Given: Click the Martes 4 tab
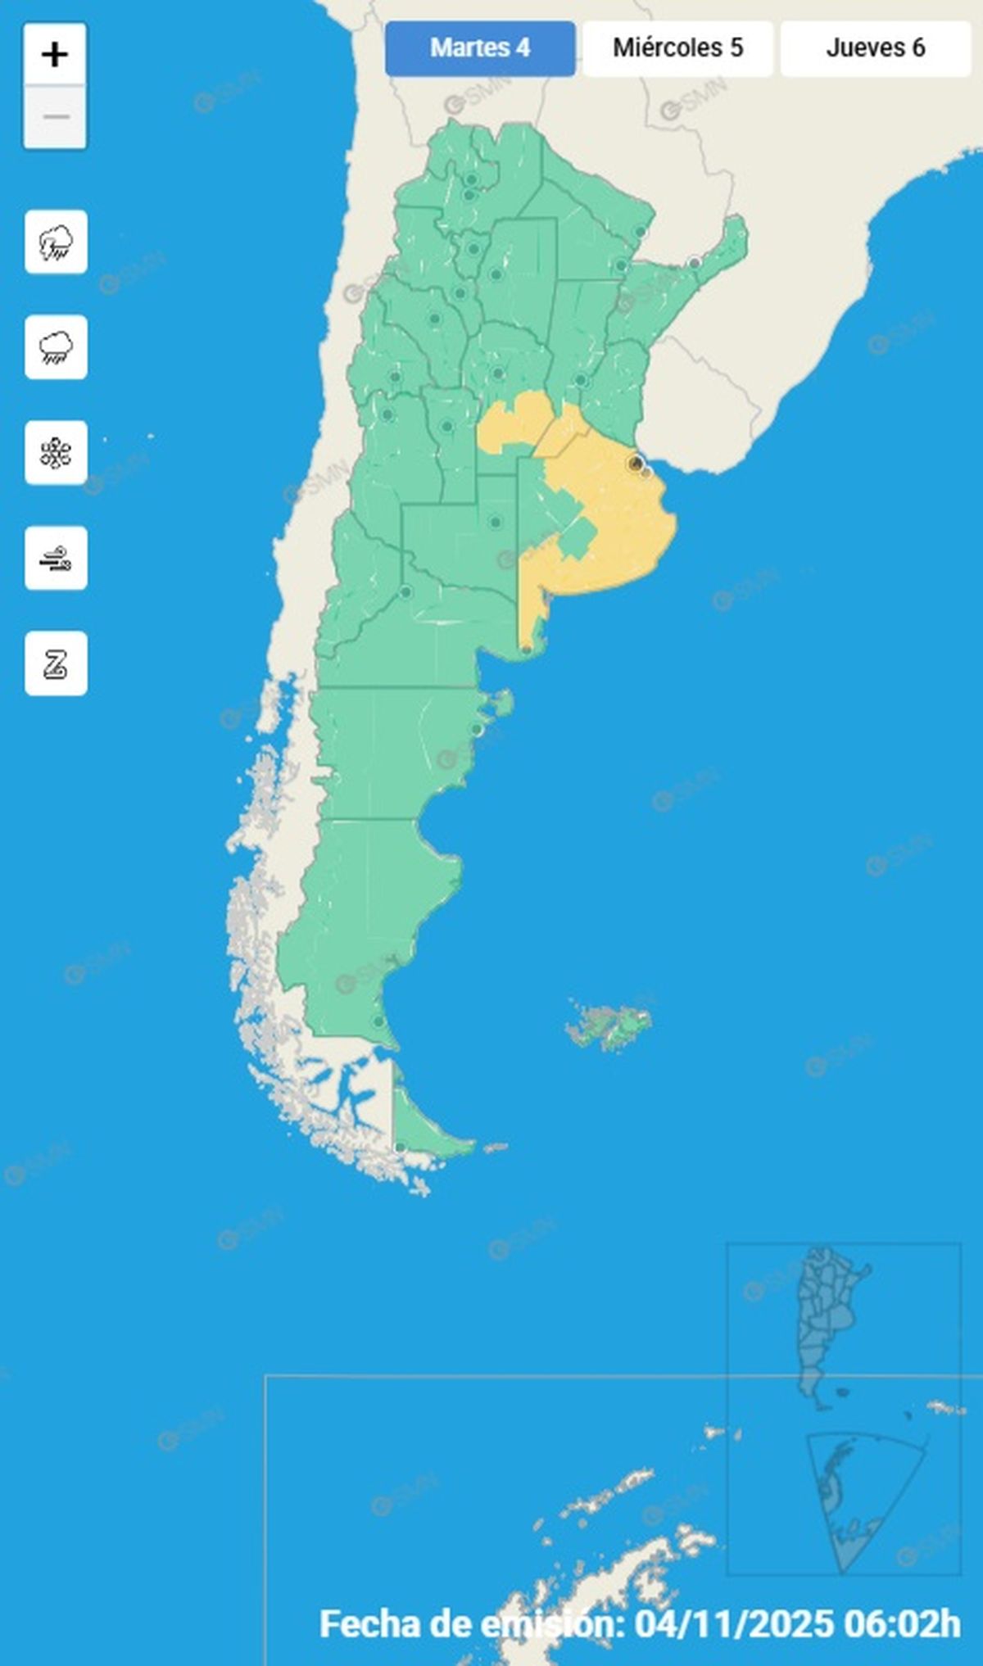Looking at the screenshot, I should click(x=480, y=48).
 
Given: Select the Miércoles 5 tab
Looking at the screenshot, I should click(x=677, y=48).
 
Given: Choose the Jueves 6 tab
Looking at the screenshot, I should click(x=875, y=48).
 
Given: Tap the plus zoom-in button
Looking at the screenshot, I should click(x=55, y=55).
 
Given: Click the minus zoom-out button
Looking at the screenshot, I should click(x=55, y=117).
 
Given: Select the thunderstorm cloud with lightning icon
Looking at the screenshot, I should click(x=56, y=242).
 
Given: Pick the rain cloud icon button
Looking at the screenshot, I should click(x=56, y=347).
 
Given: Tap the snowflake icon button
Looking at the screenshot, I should click(x=56, y=453).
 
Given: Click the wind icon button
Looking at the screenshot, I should click(x=56, y=559).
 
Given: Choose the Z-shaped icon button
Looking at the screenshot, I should click(x=56, y=663).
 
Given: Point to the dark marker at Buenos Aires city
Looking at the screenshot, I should click(x=635, y=464).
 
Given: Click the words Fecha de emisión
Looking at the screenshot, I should click(x=471, y=1623).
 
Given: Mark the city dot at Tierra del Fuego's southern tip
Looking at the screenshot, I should click(x=400, y=1148).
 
